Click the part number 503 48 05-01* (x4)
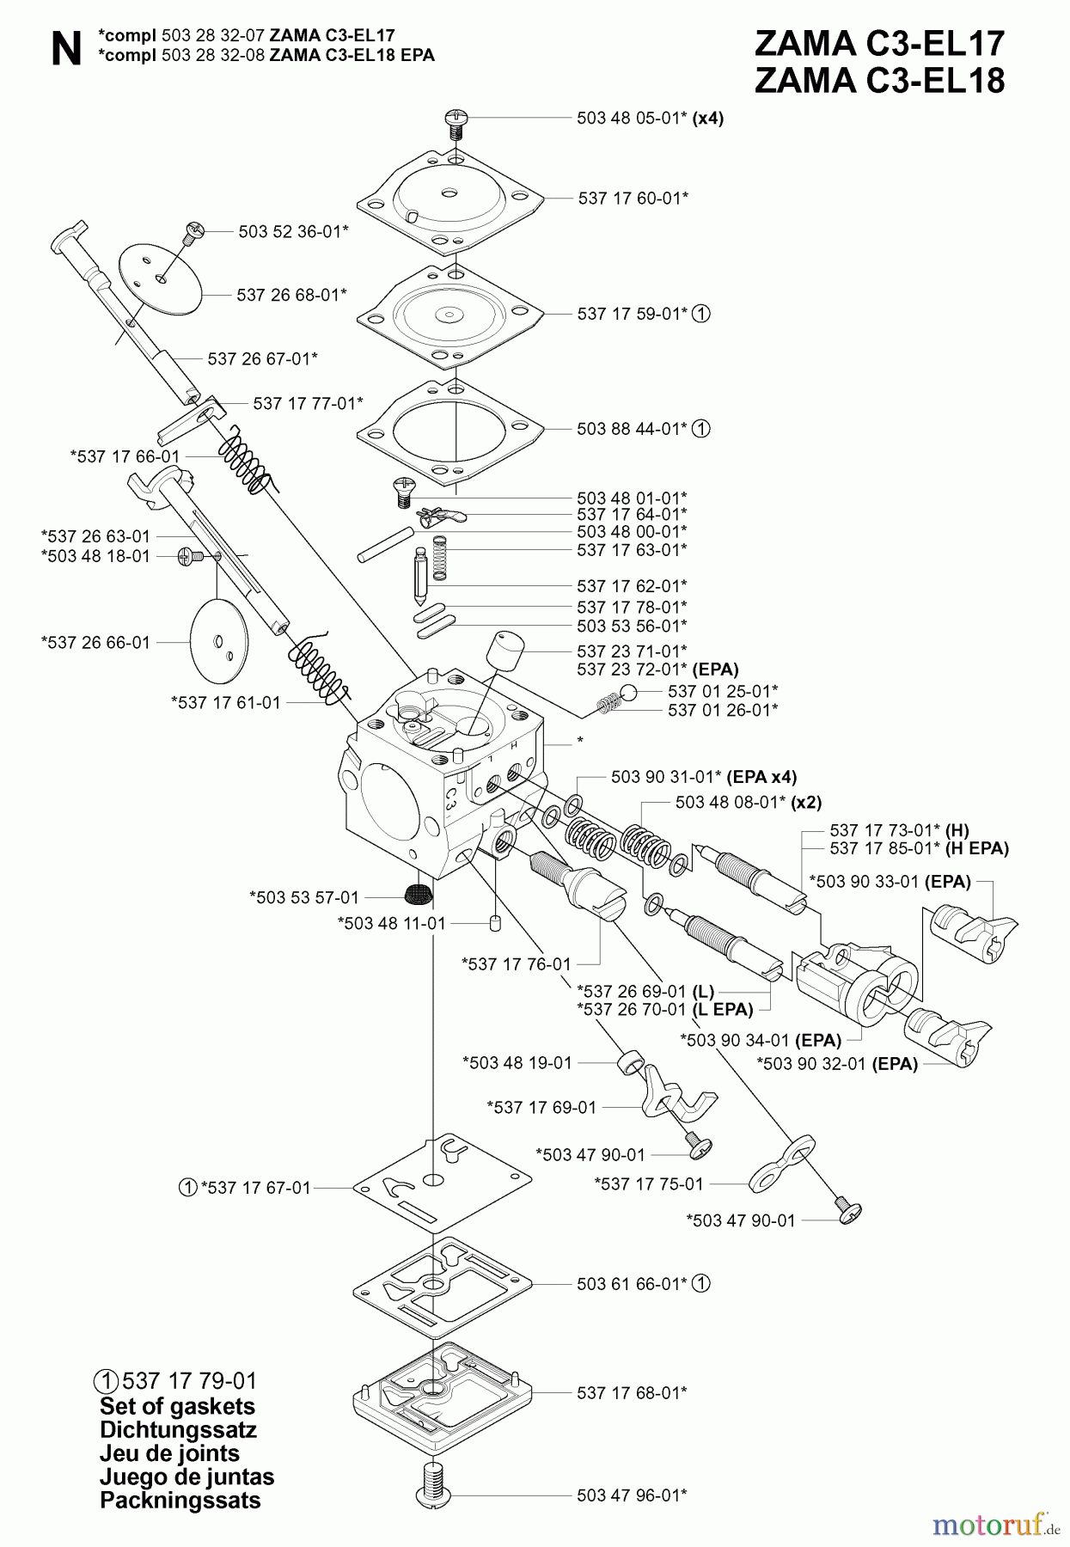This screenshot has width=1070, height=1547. click(650, 119)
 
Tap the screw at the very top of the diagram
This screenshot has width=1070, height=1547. click(456, 122)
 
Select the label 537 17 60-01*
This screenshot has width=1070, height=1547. click(633, 198)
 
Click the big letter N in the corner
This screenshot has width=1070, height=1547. click(66, 50)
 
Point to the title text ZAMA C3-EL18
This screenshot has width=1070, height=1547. click(878, 81)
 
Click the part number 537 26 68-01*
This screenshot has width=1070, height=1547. click(291, 294)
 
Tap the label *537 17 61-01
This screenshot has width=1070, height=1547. click(225, 702)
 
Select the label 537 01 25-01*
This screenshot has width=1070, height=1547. click(723, 691)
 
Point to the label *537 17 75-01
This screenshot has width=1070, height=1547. click(649, 1183)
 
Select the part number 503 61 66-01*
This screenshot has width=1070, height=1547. click(632, 1283)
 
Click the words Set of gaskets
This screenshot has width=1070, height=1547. click(177, 1407)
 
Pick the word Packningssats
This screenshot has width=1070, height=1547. click(180, 1501)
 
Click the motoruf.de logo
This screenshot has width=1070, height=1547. click(995, 1526)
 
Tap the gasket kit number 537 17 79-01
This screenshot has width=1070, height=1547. click(189, 1381)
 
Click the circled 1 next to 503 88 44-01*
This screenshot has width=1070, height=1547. click(701, 428)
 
